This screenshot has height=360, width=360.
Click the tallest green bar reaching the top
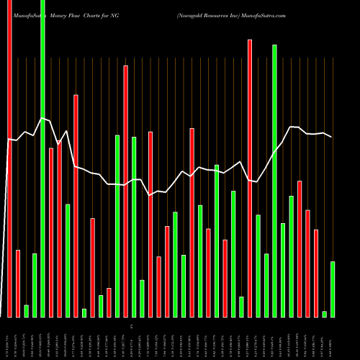point(42,158)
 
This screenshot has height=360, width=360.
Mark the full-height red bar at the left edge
point(9,158)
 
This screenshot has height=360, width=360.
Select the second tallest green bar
point(274,181)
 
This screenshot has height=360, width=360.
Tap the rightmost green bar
point(333,289)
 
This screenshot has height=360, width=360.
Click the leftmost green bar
point(26,311)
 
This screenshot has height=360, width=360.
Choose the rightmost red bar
point(316,273)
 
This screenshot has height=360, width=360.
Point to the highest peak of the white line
point(42,118)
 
